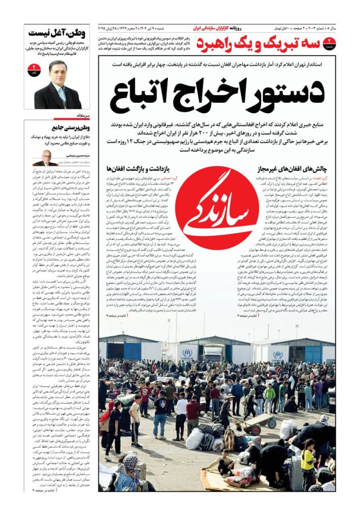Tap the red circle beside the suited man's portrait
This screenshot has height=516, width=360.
click(x=35, y=69)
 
